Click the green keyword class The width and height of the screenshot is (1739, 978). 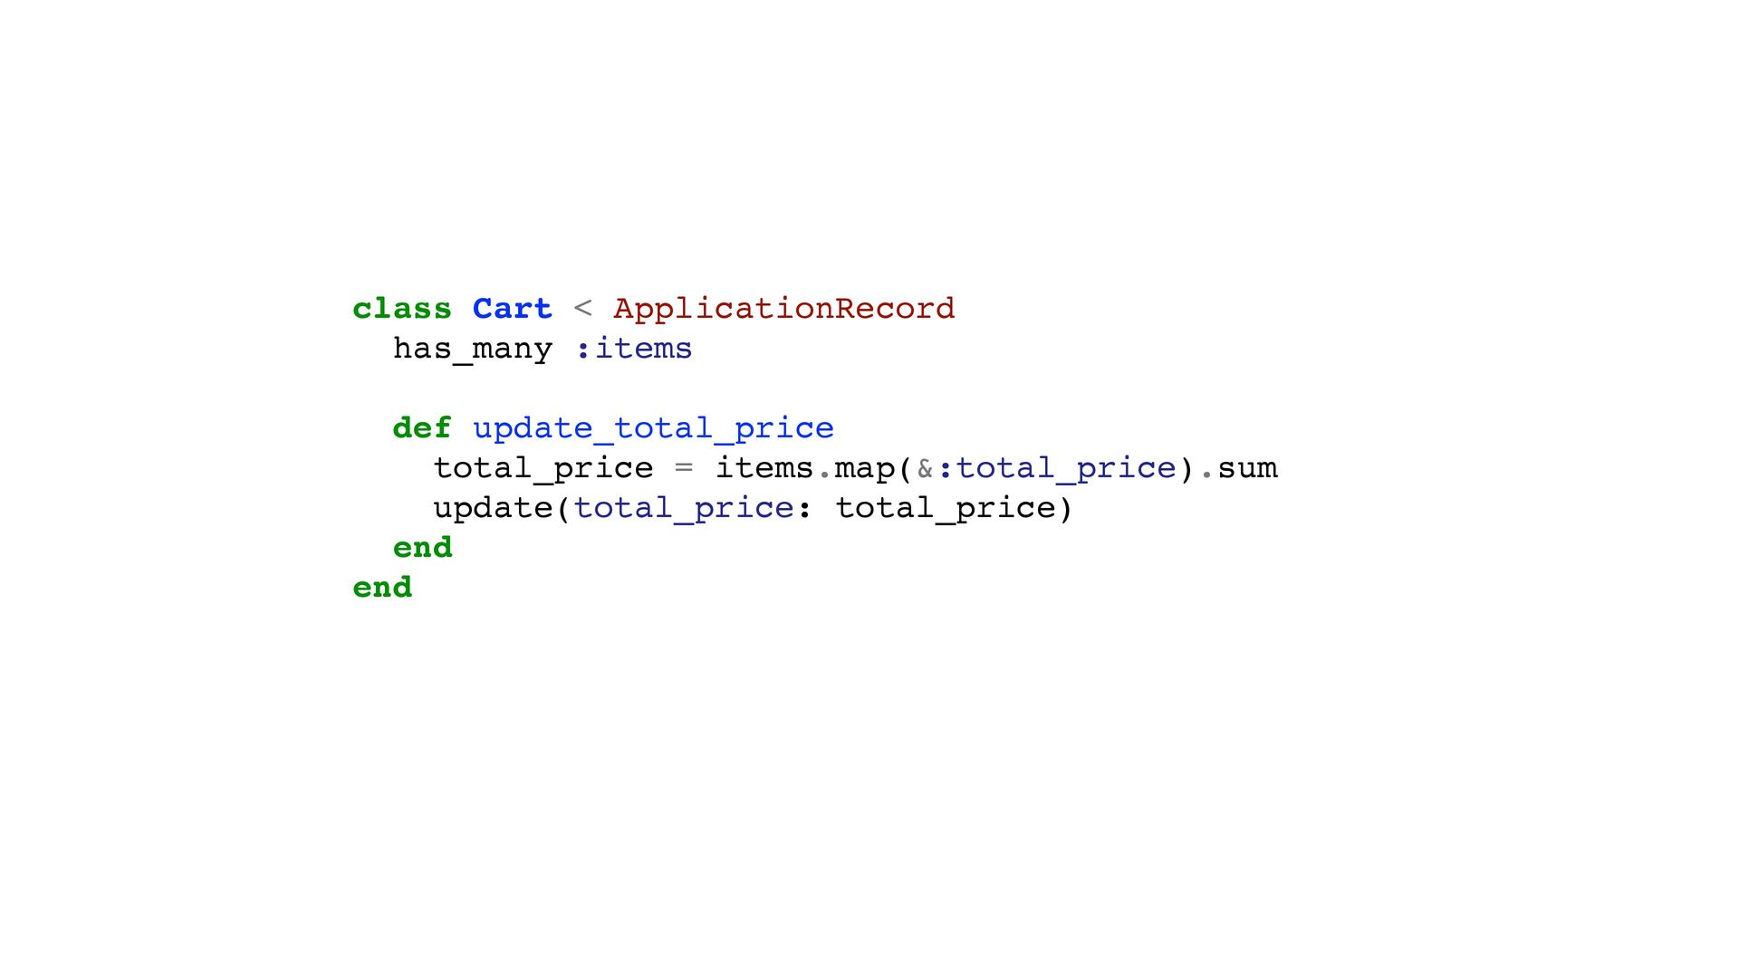pyautogui.click(x=401, y=309)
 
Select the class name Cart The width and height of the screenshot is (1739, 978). pyautogui.click(x=512, y=309)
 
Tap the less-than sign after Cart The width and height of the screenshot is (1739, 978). pyautogui.click(x=582, y=309)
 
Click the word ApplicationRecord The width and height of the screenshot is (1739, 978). pyautogui.click(x=783, y=309)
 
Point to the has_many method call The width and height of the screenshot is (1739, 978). pyautogui.click(x=472, y=349)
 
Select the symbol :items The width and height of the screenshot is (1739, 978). pyautogui.click(x=634, y=349)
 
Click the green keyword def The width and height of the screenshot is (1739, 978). pyautogui.click(x=421, y=428)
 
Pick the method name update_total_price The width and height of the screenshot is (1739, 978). pyautogui.click(x=653, y=428)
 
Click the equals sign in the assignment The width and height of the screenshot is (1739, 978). pyautogui.click(x=684, y=468)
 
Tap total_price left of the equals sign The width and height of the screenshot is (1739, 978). pyautogui.click(x=543, y=468)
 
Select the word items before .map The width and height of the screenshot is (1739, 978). pyautogui.click(x=764, y=468)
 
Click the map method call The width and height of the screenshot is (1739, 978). pyautogui.click(x=864, y=468)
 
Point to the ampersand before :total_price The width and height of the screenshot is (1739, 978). pyautogui.click(x=925, y=468)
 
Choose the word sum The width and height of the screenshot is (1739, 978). pyautogui.click(x=1247, y=468)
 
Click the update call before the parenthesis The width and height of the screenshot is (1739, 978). pyautogui.click(x=492, y=508)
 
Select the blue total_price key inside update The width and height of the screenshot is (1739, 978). pyautogui.click(x=684, y=508)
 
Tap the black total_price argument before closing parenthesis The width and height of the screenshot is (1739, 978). pyautogui.click(x=945, y=508)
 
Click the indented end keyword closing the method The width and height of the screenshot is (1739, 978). pyautogui.click(x=422, y=548)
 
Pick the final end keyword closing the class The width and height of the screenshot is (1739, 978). pyautogui.click(x=382, y=588)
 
